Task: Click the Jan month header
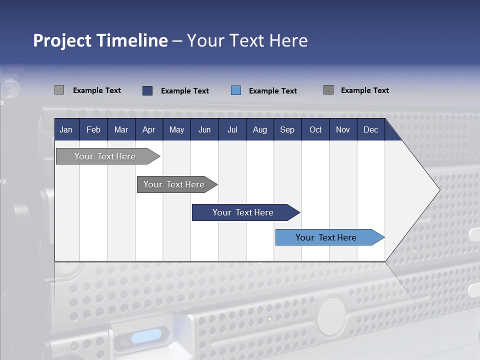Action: click(66, 129)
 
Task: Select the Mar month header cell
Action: click(121, 129)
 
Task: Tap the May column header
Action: click(176, 129)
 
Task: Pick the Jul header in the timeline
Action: click(232, 129)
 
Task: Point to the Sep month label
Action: click(287, 129)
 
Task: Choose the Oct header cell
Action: click(315, 129)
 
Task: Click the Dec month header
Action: click(370, 129)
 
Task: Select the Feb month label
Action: click(93, 129)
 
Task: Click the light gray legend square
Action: click(59, 90)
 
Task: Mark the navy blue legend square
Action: click(147, 90)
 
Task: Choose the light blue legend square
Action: click(236, 90)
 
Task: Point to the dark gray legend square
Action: click(328, 90)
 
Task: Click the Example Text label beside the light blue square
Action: click(272, 91)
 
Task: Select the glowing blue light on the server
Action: click(146, 334)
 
